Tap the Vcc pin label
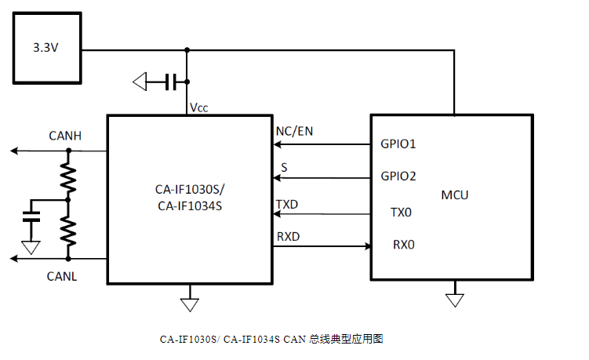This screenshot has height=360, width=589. pos(198,107)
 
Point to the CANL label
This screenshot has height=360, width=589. pos(63,276)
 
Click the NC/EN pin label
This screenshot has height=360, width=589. pos(294,131)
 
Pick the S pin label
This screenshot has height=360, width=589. pos(284,168)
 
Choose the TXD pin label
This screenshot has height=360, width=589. pos(287,205)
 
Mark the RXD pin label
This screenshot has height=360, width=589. pos(287,237)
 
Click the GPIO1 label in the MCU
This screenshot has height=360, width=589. pos(398,144)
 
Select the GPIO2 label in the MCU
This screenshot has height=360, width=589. pos(398,176)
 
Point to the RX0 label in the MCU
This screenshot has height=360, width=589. pos(403,245)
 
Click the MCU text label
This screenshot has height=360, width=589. pos(455,194)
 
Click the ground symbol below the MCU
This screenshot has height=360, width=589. pos(454,300)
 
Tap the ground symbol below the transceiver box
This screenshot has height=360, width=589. pos(188,302)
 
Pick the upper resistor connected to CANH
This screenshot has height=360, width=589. pos(68,178)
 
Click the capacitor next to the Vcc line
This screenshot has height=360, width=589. pos(171,80)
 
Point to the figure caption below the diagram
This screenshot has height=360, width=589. pos(271,340)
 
